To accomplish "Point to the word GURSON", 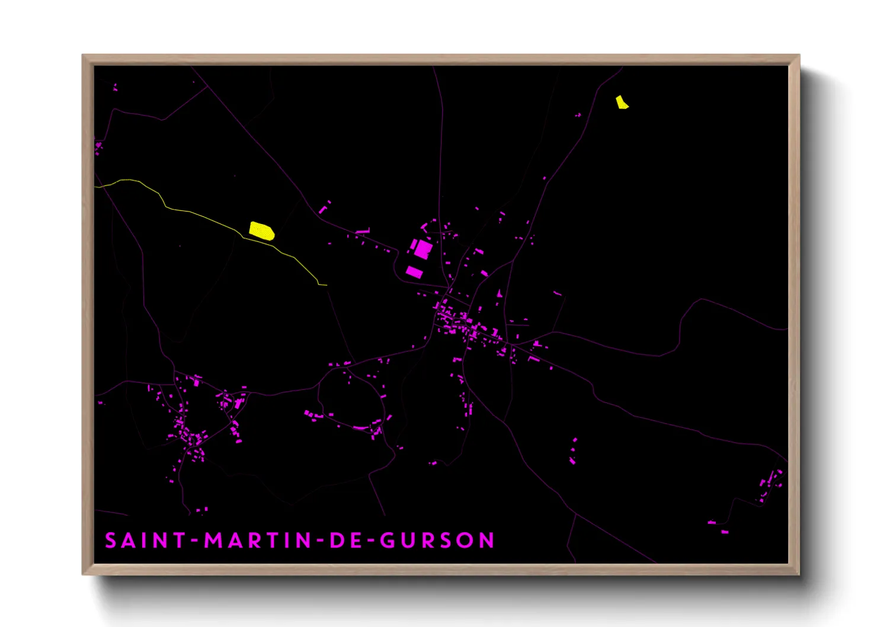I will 437,540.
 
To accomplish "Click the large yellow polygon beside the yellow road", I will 261,231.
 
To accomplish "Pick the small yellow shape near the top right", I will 621,103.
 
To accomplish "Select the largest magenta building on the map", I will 423,248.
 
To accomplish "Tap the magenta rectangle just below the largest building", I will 414,272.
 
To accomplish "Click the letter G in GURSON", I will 388,540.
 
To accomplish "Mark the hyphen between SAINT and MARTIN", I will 195,541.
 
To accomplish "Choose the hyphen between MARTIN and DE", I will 319,541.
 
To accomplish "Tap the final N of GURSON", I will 487,540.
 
